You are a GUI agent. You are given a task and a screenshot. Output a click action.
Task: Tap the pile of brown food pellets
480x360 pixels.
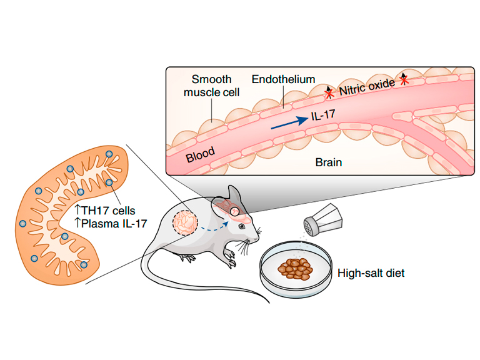(x=296, y=269)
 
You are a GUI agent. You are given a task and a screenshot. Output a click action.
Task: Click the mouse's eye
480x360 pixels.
(x=242, y=226)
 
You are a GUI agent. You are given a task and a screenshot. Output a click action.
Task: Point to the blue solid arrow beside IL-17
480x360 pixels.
(x=289, y=122)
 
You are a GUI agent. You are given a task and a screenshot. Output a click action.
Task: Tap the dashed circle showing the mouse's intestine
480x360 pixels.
(x=185, y=222)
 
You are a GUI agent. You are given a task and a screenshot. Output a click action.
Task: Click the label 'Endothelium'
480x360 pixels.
(x=284, y=79)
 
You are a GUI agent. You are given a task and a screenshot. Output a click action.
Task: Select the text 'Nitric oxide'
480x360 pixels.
(x=367, y=87)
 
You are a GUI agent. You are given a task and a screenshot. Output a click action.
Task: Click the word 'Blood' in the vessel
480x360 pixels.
(x=201, y=154)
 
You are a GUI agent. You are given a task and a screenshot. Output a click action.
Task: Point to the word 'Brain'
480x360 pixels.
(x=329, y=162)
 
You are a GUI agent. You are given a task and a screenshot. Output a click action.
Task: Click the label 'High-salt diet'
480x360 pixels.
(x=371, y=272)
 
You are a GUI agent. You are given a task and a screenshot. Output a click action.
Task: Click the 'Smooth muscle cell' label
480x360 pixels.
(x=211, y=86)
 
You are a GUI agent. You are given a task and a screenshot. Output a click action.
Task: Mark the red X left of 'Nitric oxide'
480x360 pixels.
(x=329, y=94)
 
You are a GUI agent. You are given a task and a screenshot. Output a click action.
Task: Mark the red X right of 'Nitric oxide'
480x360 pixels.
(x=404, y=80)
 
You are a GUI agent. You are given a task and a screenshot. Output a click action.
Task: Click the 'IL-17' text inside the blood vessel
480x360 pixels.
(x=323, y=115)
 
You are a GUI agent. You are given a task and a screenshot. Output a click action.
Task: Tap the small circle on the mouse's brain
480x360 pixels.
(x=235, y=211)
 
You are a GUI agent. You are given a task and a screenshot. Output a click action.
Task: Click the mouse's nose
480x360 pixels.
(x=259, y=232)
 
